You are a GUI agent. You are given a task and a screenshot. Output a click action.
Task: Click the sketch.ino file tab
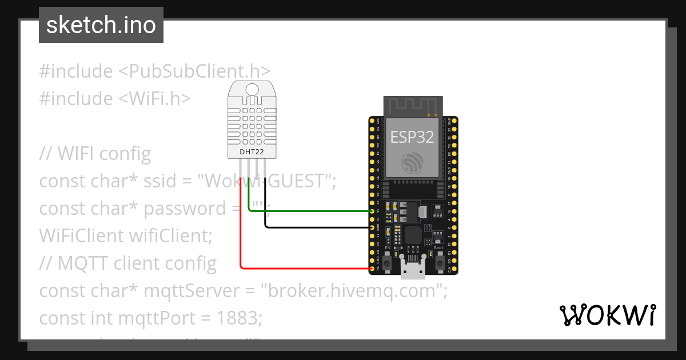click(101, 25)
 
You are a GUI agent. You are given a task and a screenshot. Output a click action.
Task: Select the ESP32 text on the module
click(412, 137)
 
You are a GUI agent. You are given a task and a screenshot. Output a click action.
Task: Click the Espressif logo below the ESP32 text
click(412, 164)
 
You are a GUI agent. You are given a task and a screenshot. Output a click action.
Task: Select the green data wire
click(309, 211)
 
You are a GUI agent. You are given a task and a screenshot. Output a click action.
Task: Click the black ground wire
click(314, 227)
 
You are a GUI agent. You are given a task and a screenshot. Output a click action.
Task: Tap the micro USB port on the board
click(412, 269)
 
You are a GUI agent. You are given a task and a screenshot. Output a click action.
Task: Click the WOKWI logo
click(607, 315)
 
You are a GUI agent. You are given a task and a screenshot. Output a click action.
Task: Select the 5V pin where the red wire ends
click(373, 268)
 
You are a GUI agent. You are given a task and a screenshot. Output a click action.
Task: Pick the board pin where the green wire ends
click(373, 211)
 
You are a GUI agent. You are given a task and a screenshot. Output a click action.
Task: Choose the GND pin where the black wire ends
click(373, 227)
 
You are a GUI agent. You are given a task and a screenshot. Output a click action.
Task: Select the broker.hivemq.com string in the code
click(353, 291)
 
